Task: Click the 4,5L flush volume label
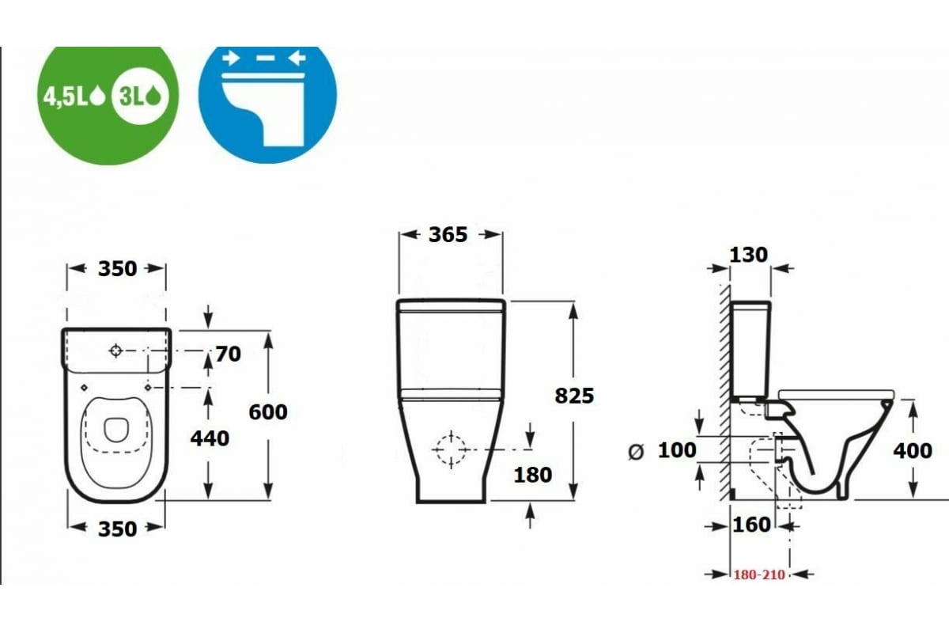[x=65, y=97]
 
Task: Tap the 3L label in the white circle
[x=132, y=97]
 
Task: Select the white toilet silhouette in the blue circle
[x=263, y=108]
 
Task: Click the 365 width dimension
[x=448, y=234]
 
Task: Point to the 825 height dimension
[x=574, y=396]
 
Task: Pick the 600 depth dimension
[x=268, y=412]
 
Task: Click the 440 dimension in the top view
[x=210, y=438]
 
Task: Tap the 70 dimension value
[x=229, y=354]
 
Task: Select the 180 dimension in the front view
[x=533, y=475]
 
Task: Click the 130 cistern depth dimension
[x=749, y=255]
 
